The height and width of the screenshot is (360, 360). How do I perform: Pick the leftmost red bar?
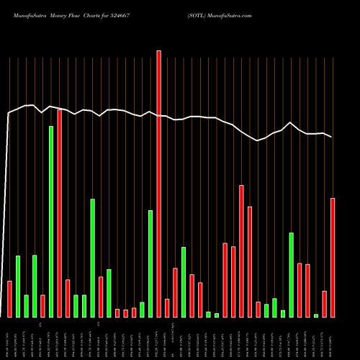(9, 299)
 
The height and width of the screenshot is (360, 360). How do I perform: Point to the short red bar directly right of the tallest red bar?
(167, 308)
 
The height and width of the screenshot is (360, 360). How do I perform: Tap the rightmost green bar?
(316, 315)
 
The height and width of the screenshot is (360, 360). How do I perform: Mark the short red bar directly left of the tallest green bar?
(42, 306)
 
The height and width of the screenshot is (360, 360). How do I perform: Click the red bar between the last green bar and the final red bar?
(324, 304)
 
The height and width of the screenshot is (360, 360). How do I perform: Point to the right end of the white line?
(332, 137)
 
